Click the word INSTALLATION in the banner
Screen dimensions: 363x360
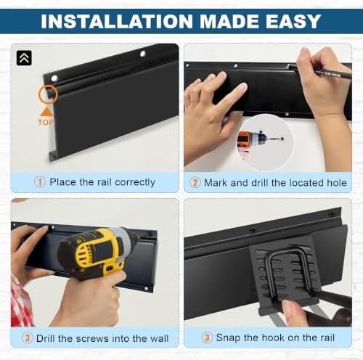[117, 22]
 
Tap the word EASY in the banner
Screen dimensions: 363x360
[293, 22]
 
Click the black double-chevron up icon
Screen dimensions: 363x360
[24, 58]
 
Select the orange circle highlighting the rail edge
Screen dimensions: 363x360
[48, 94]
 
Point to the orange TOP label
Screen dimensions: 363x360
[46, 122]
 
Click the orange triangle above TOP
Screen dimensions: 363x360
[46, 112]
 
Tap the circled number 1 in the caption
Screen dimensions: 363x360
[40, 182]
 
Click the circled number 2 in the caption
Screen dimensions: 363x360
[195, 182]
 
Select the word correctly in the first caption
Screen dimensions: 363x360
[135, 182]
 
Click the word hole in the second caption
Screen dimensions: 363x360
[337, 183]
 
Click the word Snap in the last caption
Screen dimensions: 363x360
[228, 338]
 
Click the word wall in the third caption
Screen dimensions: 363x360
[159, 338]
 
